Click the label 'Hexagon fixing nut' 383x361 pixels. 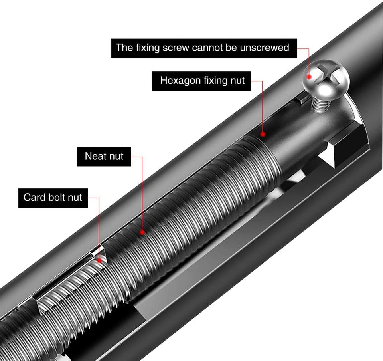pos(202,80)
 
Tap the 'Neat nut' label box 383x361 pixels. pos(104,156)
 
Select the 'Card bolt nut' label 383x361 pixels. pos(53,197)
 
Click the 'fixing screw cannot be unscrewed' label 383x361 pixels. pos(202,48)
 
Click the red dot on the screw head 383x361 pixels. pos(310,75)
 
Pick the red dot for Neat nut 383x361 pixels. pos(142,231)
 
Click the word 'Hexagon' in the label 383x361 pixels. pos(180,81)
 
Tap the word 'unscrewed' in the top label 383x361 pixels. pos(264,48)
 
